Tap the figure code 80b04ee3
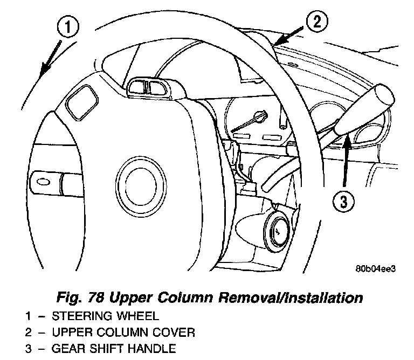375,269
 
